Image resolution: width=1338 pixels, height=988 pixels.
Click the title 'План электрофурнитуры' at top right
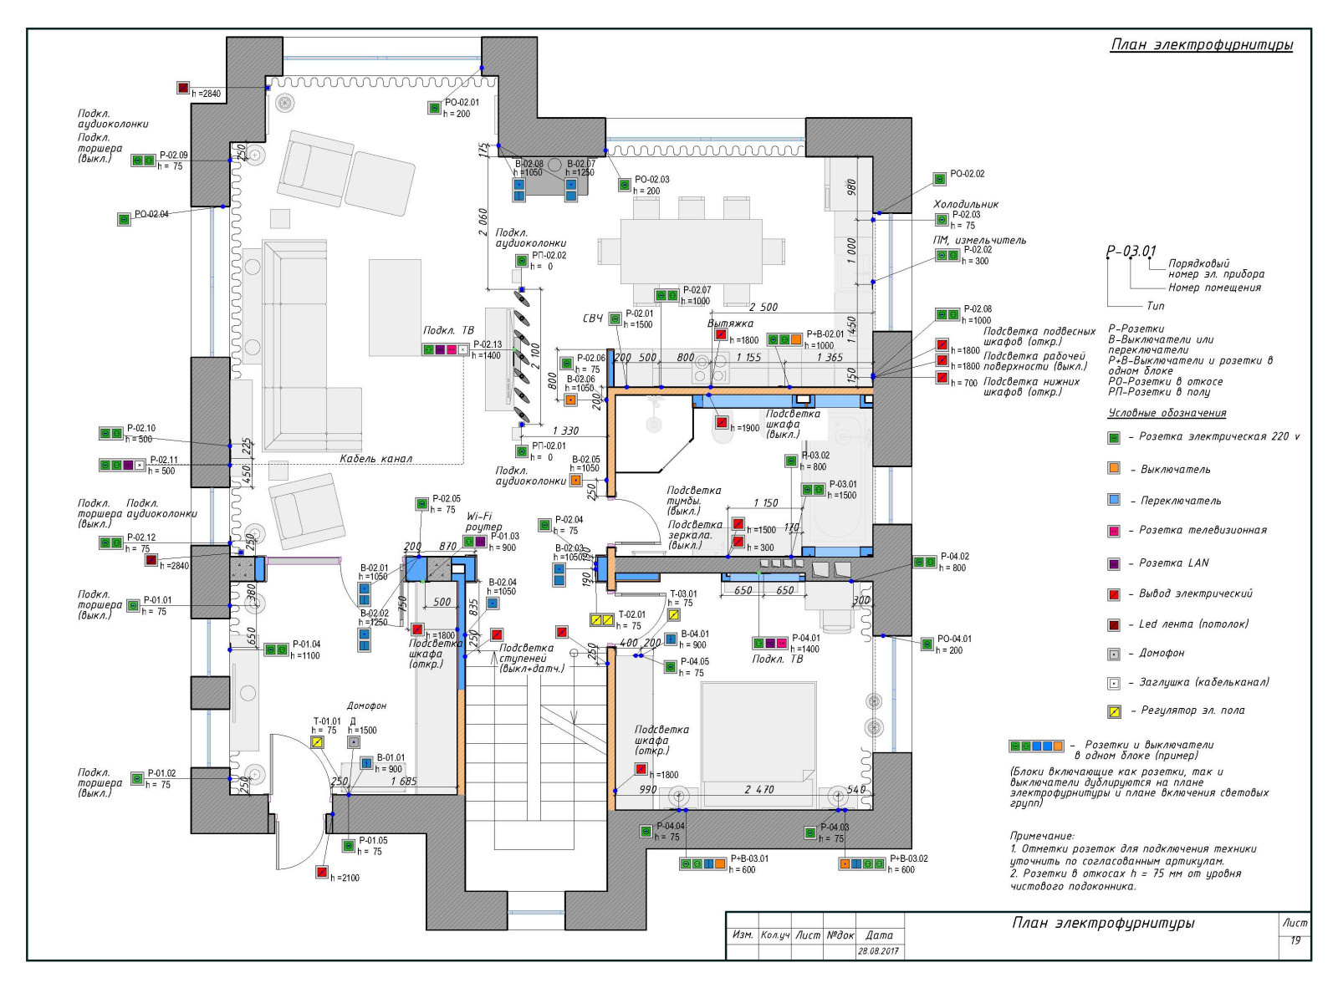[1201, 45]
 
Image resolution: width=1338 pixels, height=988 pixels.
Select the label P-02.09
[173, 155]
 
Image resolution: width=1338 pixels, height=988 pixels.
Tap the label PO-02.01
[462, 103]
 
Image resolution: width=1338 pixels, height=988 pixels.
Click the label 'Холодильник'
[966, 204]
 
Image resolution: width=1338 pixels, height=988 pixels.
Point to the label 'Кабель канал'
[375, 459]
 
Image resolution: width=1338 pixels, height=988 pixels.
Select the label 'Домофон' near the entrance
[366, 706]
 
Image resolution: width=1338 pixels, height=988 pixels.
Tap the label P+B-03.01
[749, 858]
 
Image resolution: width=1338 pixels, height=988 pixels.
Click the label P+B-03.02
[908, 858]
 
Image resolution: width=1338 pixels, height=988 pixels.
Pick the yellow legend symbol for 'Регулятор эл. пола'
[1114, 711]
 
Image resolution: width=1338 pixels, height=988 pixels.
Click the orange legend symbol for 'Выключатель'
[1114, 468]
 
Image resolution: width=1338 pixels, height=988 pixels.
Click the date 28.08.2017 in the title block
[878, 951]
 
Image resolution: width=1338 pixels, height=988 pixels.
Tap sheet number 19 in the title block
[1295, 941]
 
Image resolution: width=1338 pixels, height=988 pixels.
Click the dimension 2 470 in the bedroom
[759, 789]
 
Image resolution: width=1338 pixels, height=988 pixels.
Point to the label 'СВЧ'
[592, 318]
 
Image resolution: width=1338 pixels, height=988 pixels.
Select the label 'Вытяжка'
[730, 323]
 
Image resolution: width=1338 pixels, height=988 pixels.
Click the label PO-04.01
[954, 639]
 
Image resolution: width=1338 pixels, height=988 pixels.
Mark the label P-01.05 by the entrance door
[373, 841]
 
